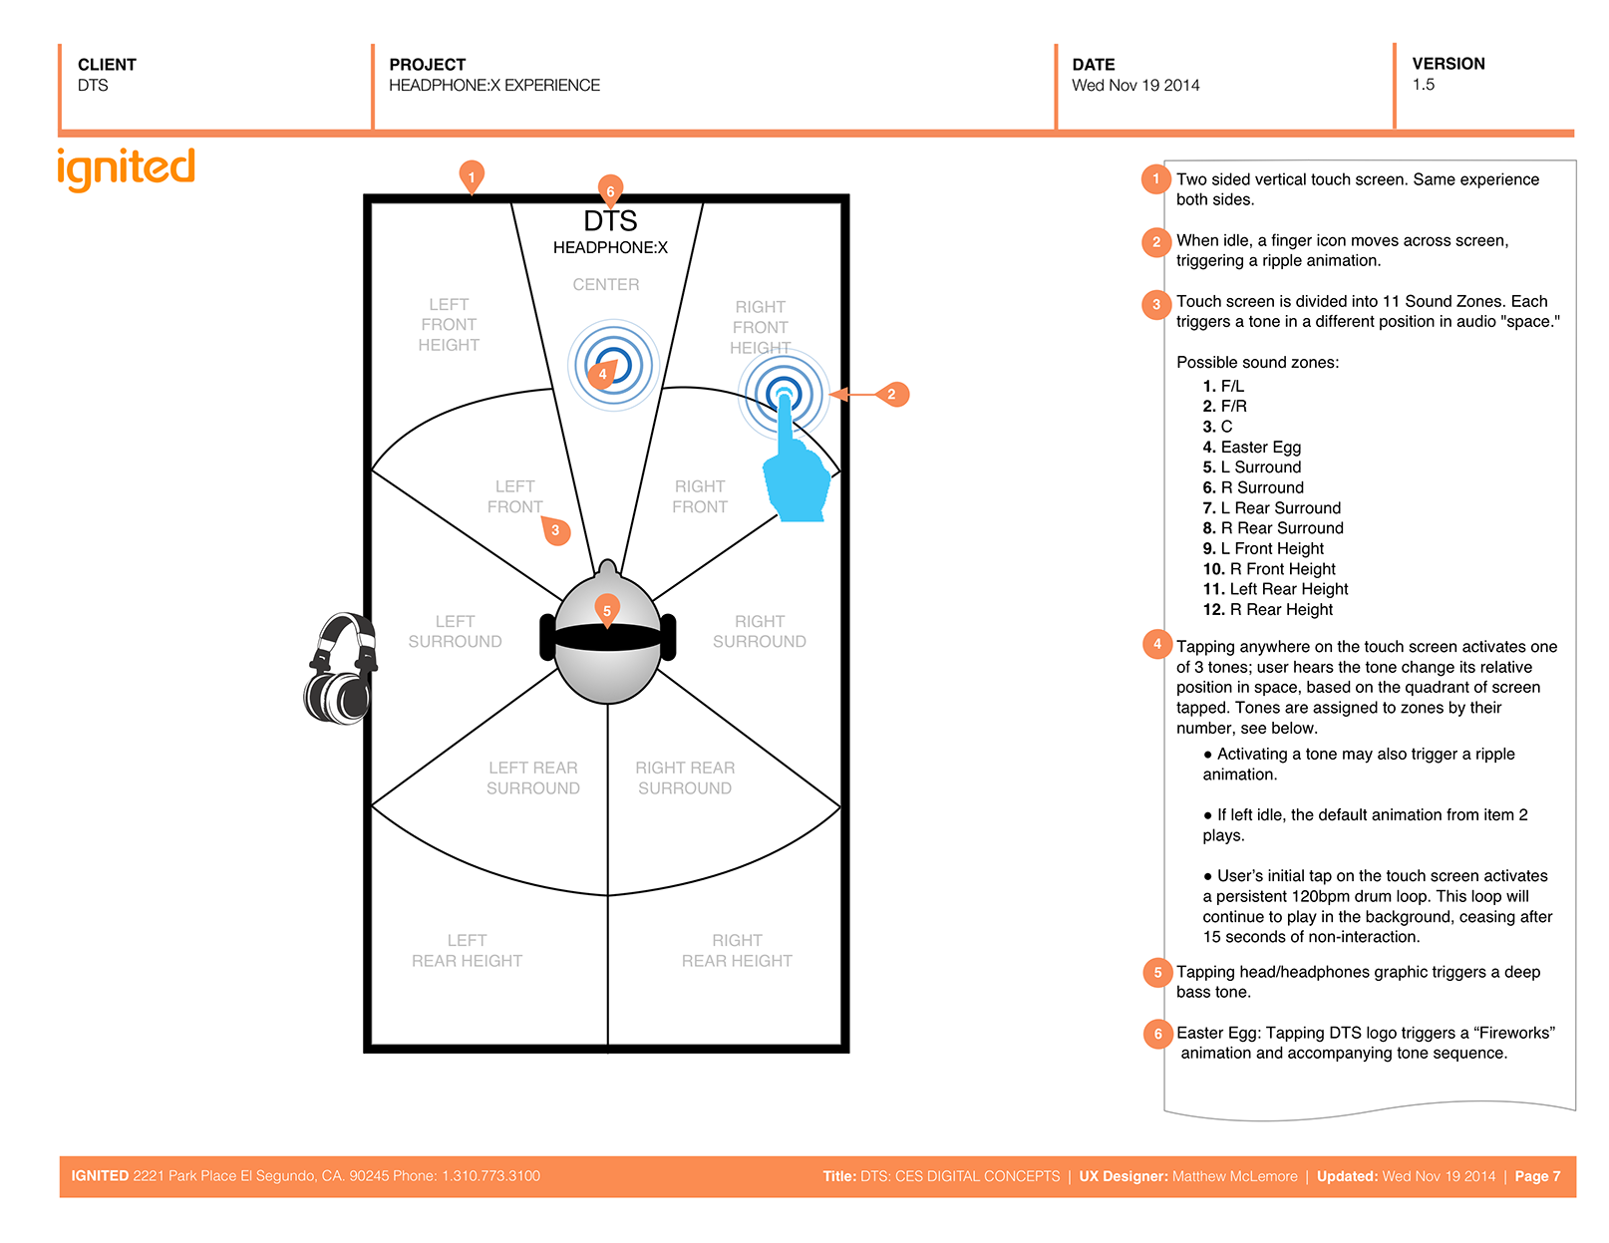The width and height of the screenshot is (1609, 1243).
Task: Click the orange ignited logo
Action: click(126, 168)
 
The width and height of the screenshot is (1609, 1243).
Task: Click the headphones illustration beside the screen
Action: click(340, 668)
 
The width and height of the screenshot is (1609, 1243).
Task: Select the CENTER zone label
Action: click(605, 285)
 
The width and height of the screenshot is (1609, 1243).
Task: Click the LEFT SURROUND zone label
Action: click(455, 632)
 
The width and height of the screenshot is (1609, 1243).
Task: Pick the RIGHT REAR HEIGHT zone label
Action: click(737, 951)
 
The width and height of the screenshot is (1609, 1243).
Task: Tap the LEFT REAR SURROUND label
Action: click(532, 778)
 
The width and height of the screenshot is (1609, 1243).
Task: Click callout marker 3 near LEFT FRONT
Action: click(555, 530)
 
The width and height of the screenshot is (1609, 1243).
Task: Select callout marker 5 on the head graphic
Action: click(606, 609)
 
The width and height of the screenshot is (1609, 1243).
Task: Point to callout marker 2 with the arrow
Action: click(891, 395)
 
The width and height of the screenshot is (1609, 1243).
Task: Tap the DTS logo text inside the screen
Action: click(610, 221)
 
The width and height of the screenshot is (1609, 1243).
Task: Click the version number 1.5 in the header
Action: click(1423, 85)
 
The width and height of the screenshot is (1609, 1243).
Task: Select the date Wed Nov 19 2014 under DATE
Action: click(1135, 86)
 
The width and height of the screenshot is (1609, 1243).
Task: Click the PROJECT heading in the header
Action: click(427, 65)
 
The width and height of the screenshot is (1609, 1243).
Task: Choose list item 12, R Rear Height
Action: click(1267, 610)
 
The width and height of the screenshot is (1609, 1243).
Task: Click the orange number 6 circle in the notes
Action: click(1157, 1034)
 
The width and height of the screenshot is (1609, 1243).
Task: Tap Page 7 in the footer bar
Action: click(1537, 1176)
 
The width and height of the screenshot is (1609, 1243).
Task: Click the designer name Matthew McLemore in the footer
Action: click(1234, 1176)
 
